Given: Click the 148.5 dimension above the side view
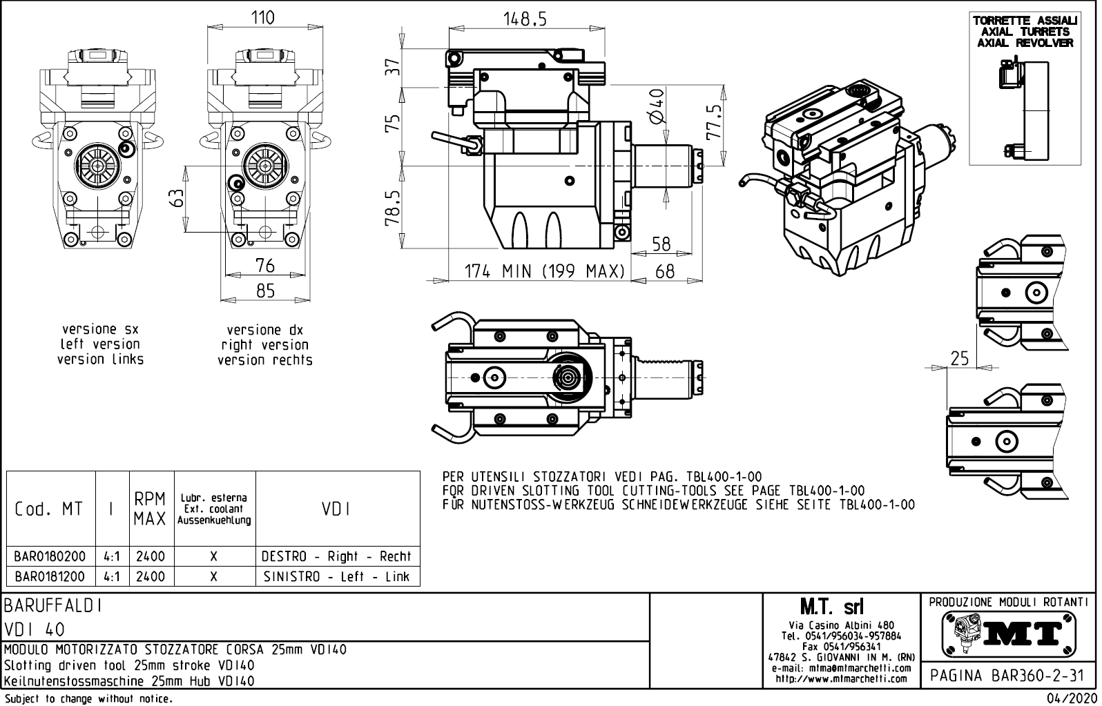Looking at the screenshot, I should (526, 19).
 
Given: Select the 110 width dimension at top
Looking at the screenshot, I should (263, 17).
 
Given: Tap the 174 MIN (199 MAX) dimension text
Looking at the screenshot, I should (545, 271).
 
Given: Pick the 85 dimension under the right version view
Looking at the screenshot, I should (265, 291).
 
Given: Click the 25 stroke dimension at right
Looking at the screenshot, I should (959, 358).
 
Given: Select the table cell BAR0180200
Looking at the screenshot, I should (50, 556).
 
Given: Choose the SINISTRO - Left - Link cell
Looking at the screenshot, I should (336, 576).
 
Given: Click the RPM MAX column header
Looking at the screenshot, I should (150, 509).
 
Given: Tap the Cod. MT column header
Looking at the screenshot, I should (48, 509).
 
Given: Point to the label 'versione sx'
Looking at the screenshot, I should (100, 329).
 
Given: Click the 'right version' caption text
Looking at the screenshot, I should (264, 344).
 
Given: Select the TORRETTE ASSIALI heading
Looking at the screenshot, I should (1025, 21).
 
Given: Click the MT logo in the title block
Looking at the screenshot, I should (1009, 633).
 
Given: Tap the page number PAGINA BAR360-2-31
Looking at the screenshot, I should (1007, 676).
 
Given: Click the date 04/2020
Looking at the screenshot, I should (1071, 699).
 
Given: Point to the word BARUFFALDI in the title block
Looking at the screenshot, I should (54, 606).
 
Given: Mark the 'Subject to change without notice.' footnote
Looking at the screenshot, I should (88, 699).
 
